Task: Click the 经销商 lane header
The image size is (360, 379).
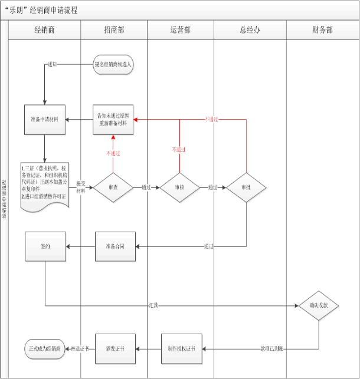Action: tap(45, 29)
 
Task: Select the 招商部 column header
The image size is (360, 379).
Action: tap(113, 29)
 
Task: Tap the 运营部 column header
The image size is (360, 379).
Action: tap(180, 29)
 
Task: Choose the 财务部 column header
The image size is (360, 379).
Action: tap(322, 29)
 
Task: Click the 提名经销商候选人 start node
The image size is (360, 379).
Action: tap(113, 64)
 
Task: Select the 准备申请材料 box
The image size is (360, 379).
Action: tap(45, 120)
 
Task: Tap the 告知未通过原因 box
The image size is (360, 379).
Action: tap(114, 120)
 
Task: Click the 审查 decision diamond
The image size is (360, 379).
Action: tap(114, 187)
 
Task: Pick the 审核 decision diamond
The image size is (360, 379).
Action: tap(180, 187)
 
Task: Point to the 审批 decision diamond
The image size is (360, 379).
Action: tap(246, 187)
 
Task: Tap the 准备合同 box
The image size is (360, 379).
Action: tap(116, 245)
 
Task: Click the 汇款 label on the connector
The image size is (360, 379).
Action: tap(153, 306)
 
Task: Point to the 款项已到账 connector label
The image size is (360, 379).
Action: tap(272, 349)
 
